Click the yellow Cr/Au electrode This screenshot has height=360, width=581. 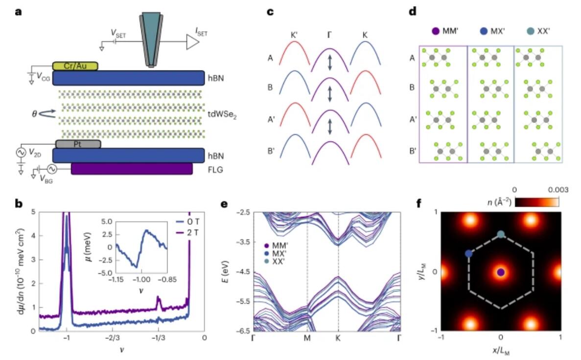pos(75,66)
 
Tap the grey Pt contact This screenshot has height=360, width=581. pos(78,144)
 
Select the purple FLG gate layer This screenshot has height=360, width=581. pos(132,168)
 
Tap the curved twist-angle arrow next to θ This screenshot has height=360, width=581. pos(47,114)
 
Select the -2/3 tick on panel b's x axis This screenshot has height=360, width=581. pos(112,338)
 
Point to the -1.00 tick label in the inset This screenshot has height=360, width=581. pos(141,280)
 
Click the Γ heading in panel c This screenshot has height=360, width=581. pos(329,35)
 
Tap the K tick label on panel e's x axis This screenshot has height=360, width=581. pos(338,338)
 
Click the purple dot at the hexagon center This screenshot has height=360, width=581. pos(501,272)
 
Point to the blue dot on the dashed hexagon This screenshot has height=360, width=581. pos(469,254)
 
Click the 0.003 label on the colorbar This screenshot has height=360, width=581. pos(558,190)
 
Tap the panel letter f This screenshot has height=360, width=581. pos(419,204)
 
